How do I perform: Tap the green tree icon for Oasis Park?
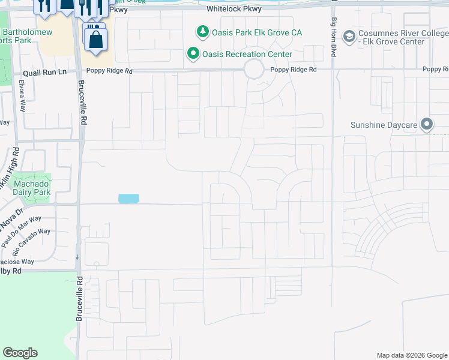[x=203, y=31]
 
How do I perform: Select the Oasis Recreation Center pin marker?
[x=193, y=55]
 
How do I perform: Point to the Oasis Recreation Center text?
[x=247, y=55]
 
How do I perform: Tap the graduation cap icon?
[x=348, y=37]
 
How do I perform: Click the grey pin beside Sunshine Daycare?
[x=427, y=125]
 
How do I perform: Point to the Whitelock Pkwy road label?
[x=234, y=10]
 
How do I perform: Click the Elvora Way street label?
[x=23, y=96]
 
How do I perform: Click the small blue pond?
[x=128, y=199]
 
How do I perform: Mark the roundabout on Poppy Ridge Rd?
[x=254, y=70]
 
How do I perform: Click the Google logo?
[x=20, y=353]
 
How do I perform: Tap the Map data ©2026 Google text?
[x=411, y=355]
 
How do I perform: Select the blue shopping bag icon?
[x=95, y=40]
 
